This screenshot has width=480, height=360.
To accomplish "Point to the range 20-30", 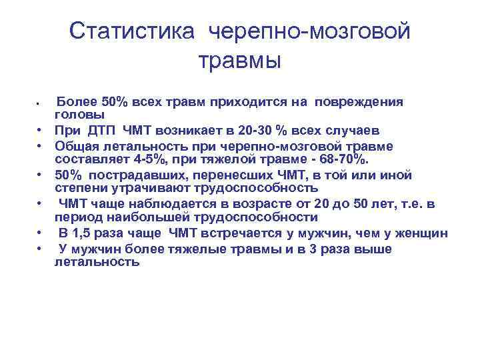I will [237, 130].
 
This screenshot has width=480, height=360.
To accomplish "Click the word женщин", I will [423, 233].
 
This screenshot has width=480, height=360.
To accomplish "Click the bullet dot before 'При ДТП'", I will [41, 131].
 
